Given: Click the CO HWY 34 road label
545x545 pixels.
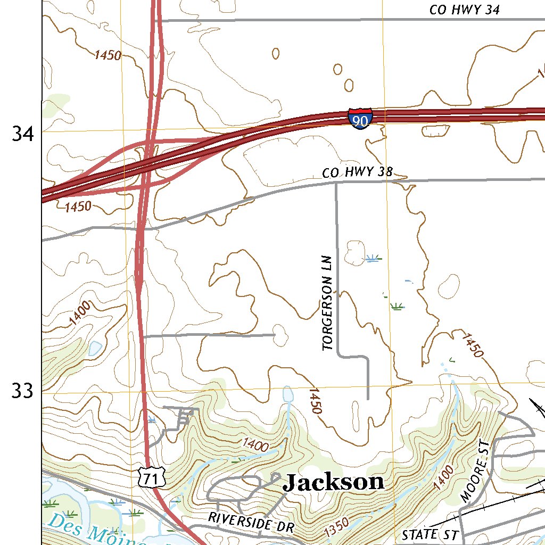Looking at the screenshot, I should (x=464, y=10).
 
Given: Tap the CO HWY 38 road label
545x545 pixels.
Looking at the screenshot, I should (x=357, y=172).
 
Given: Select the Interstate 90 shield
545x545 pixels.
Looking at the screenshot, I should (x=360, y=118).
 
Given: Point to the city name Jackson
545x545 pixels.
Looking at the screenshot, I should (x=333, y=483).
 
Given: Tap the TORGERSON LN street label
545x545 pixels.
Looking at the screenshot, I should (x=327, y=303).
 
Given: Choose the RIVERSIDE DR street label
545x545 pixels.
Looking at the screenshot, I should (x=251, y=522).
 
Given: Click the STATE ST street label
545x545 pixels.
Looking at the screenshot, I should (x=426, y=534).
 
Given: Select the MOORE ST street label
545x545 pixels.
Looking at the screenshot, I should (x=475, y=472).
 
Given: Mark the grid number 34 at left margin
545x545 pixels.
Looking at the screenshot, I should (x=23, y=134).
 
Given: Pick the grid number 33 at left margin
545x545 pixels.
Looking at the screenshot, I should (x=23, y=392).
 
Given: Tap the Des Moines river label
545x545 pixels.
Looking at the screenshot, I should (x=96, y=531).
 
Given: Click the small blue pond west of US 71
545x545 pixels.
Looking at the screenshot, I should (x=95, y=349).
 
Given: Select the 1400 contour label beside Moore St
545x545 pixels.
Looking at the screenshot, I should (x=443, y=477).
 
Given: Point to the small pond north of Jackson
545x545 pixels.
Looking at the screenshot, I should (x=288, y=394).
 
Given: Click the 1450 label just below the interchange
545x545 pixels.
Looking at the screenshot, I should (x=78, y=206).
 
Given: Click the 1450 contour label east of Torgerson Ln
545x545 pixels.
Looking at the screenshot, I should (x=472, y=345).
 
